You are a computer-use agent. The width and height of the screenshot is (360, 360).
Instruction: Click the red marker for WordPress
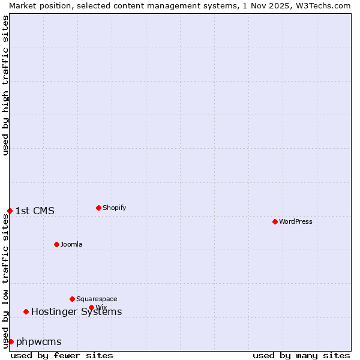[x=275, y=221]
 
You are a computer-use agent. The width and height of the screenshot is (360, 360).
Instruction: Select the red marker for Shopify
[x=98, y=208]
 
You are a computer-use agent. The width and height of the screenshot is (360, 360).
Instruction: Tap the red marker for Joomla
[x=56, y=244]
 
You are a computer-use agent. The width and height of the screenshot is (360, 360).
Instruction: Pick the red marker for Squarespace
[x=72, y=299]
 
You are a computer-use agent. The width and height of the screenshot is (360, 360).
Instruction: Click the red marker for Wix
[x=91, y=307]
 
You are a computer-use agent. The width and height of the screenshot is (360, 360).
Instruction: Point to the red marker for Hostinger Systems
[x=26, y=311]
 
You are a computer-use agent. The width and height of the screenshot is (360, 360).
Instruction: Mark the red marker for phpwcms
[x=11, y=341]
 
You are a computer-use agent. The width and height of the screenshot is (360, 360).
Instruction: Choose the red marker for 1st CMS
[x=10, y=211]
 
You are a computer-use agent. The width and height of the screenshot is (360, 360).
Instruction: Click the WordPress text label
[x=296, y=221]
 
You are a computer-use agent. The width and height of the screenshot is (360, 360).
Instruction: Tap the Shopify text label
[x=115, y=208]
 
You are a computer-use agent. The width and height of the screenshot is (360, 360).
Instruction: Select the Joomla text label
[x=71, y=244]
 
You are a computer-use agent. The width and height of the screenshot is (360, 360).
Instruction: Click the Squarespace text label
[x=97, y=299]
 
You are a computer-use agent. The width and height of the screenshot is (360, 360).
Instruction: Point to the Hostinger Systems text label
[x=76, y=311]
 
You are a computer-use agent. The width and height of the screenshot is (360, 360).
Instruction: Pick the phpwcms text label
[x=39, y=341]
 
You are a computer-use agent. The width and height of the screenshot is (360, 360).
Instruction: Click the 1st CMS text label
[x=35, y=211]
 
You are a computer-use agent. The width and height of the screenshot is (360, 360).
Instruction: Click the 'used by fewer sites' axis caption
[x=62, y=355]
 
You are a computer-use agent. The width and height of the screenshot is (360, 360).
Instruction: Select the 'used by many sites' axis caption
[x=301, y=355]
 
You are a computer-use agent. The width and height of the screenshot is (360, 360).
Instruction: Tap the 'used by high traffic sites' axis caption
[x=5, y=85]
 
